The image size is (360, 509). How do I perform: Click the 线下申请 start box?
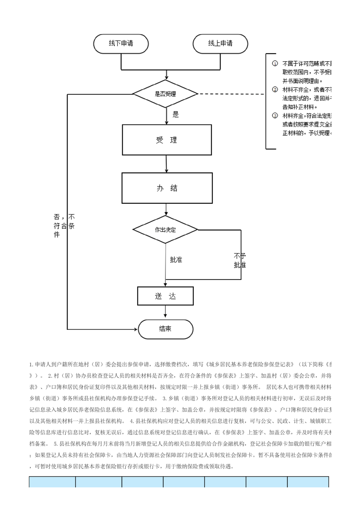tap(121, 44)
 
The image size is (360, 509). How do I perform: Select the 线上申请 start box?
tap(220, 44)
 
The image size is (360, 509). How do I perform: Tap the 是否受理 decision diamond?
tap(165, 94)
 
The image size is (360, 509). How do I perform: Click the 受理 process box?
tap(166, 140)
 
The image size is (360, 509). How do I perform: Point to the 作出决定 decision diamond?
tap(165, 230)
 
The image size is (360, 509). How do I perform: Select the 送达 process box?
tap(165, 296)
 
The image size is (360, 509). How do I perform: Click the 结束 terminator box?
tap(165, 329)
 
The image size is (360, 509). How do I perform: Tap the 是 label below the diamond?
tap(176, 115)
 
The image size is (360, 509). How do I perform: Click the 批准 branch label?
tap(176, 260)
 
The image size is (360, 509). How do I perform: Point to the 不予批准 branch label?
tap(240, 260)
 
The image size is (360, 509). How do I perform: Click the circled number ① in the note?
tap(274, 64)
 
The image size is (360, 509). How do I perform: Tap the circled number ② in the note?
tap(274, 89)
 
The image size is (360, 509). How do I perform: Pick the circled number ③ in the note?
tap(274, 116)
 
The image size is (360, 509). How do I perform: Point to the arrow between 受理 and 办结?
tap(166, 164)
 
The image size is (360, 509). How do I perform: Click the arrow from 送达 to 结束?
tap(166, 313)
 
